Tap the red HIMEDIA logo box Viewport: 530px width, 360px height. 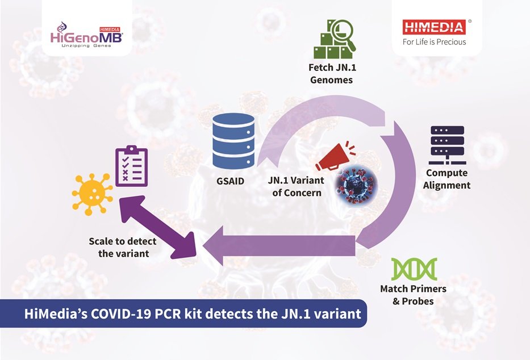click(x=433, y=27)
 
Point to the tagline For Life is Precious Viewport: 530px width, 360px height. click(x=434, y=42)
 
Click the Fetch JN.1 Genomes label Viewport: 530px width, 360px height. click(x=331, y=73)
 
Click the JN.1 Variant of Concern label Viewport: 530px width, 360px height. click(x=295, y=186)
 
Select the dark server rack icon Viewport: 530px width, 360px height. click(x=447, y=143)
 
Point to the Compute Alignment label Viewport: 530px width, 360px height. click(x=446, y=179)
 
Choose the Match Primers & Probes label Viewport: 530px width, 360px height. click(x=413, y=295)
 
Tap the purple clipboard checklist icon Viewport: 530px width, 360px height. click(x=132, y=166)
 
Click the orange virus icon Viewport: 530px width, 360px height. click(x=92, y=194)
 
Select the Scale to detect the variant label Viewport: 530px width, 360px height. click(x=123, y=247)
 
